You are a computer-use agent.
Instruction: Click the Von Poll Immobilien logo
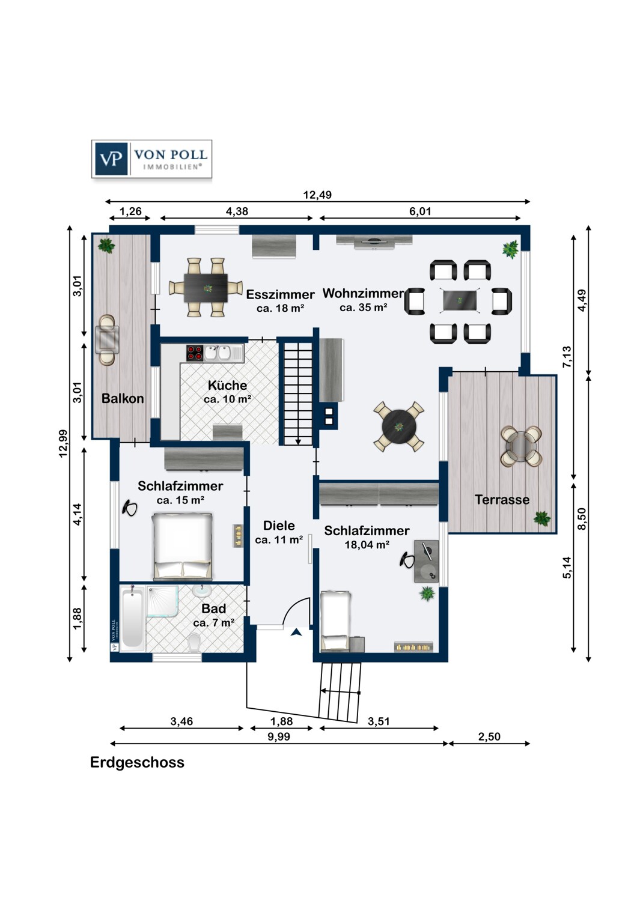click(151, 159)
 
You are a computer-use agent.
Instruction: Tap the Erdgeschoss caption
click(137, 762)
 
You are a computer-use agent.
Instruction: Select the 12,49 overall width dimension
click(317, 195)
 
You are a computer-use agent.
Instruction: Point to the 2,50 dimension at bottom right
click(489, 736)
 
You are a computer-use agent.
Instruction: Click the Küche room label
click(227, 386)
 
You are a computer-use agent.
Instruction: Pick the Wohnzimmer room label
click(363, 294)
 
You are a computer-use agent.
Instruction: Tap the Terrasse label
click(502, 500)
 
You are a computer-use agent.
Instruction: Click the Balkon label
click(123, 399)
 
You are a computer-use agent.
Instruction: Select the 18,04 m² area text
click(367, 545)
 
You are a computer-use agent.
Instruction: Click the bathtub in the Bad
click(132, 619)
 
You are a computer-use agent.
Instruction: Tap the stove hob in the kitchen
click(194, 353)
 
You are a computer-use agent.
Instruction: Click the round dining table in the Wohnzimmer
click(399, 426)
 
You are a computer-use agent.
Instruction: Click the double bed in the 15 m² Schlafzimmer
click(182, 545)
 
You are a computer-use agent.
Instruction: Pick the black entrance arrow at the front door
click(296, 632)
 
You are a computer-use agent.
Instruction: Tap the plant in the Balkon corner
click(107, 245)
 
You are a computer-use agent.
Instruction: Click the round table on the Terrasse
click(521, 446)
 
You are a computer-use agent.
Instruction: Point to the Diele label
click(279, 526)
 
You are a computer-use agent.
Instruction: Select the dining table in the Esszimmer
click(206, 288)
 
